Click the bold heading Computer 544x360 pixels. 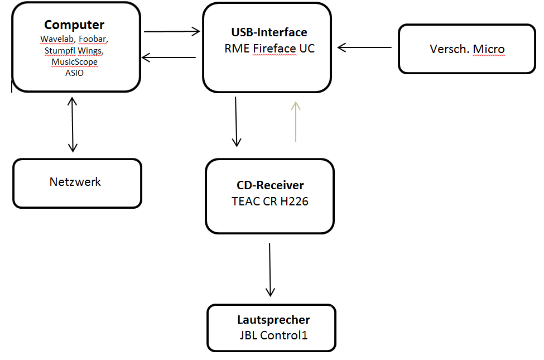74,25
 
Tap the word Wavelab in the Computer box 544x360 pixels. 56,39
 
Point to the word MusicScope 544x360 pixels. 74,62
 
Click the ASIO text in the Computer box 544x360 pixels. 74,73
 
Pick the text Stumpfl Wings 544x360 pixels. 74,50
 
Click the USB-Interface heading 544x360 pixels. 269,32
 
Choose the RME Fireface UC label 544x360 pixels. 269,49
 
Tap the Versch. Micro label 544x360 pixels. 467,49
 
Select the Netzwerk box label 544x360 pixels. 75,181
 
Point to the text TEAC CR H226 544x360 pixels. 270,201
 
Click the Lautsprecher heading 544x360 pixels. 273,320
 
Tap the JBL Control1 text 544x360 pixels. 273,335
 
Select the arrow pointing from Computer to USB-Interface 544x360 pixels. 171,31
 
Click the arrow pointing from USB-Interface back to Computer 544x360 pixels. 169,57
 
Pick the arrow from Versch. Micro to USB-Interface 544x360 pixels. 365,47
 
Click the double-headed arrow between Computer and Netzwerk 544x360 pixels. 72,124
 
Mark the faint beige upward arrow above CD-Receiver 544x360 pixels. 296,121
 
